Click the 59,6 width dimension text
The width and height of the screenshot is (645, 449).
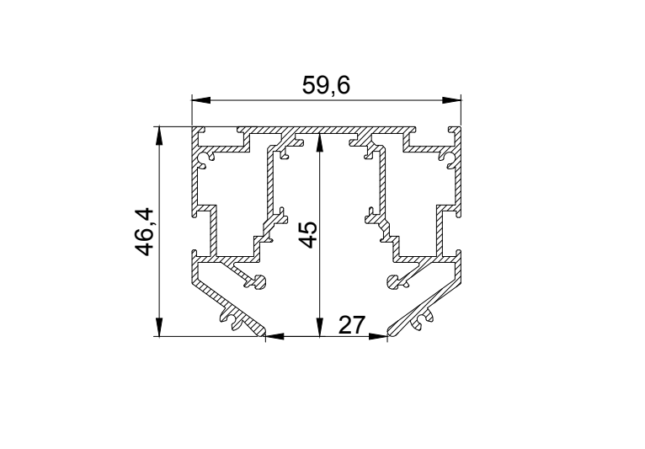(x=326, y=86)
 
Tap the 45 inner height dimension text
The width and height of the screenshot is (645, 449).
(x=308, y=234)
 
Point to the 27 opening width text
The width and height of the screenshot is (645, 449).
(x=352, y=325)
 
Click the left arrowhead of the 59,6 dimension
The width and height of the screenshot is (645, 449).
(x=201, y=100)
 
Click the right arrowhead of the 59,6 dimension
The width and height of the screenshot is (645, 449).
(x=451, y=100)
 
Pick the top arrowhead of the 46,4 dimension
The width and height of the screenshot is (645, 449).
(x=159, y=136)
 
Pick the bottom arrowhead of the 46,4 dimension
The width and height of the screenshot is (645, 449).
(x=159, y=327)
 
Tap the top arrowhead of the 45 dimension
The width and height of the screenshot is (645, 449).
(x=320, y=143)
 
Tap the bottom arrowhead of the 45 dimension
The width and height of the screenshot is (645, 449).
(x=320, y=327)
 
